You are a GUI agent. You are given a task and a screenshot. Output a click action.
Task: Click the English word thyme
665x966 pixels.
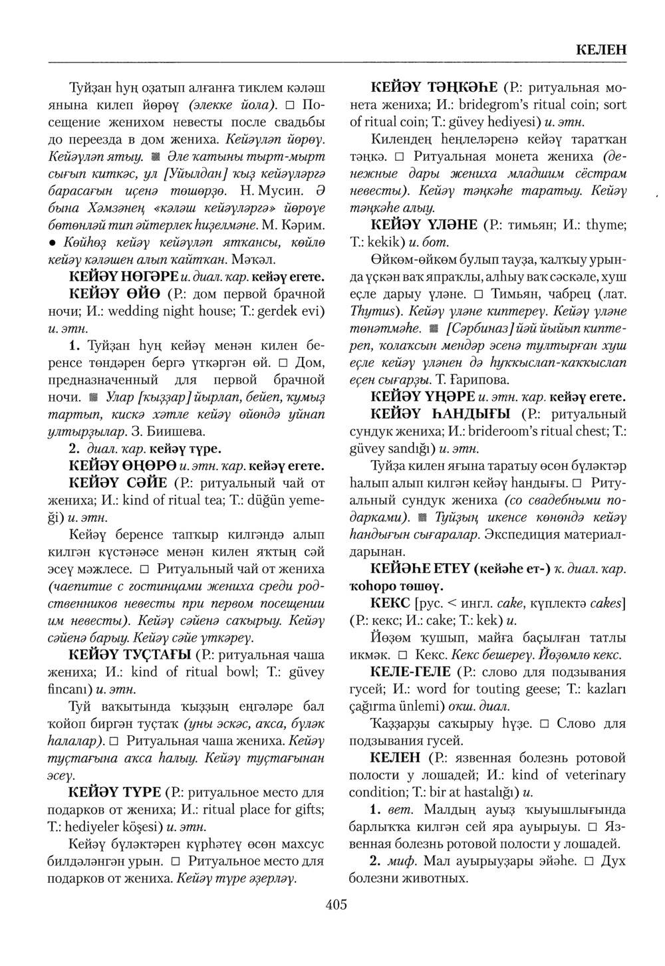[603, 225]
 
